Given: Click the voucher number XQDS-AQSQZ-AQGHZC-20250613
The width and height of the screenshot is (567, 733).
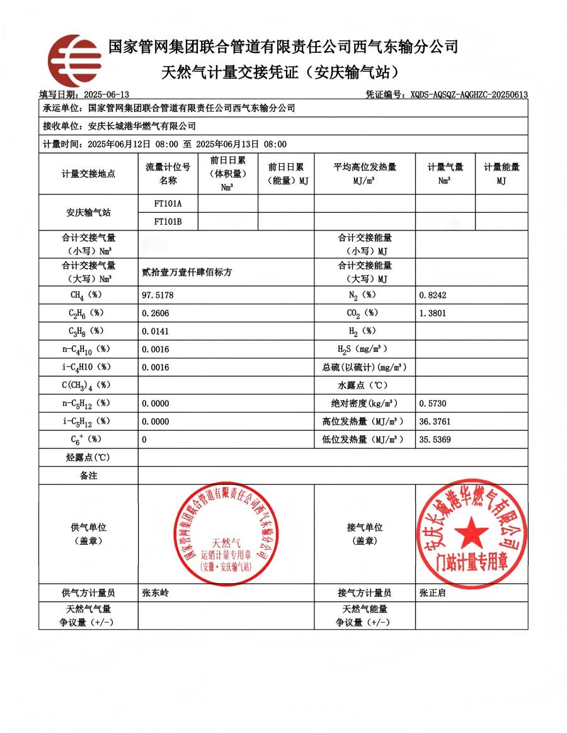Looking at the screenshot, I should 469,94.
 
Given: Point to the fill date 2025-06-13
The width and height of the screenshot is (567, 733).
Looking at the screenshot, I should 106,94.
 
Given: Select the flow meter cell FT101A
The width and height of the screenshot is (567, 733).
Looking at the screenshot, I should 168,203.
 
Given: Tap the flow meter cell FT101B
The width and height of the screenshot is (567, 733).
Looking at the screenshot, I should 168,221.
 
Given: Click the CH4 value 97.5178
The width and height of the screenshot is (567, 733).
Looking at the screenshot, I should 158,295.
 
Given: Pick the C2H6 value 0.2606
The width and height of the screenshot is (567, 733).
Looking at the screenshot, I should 156,313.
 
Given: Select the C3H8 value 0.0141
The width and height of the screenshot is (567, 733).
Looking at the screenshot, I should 156,331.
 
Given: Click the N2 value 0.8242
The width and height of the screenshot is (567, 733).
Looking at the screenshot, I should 433,295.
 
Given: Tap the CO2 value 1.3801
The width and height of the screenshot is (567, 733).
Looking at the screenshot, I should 433,313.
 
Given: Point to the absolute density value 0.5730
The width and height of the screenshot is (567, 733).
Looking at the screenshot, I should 433,403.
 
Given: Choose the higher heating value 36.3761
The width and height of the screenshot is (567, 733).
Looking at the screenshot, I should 435,421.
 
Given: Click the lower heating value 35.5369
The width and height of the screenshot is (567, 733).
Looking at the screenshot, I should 435,440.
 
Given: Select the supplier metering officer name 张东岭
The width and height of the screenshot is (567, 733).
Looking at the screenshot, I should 156,593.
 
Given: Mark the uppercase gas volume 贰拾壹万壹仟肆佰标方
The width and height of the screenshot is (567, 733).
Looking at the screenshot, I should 188,273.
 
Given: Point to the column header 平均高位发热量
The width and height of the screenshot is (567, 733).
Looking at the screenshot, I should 364,167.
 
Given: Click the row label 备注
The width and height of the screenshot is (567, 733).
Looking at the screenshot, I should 88,475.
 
